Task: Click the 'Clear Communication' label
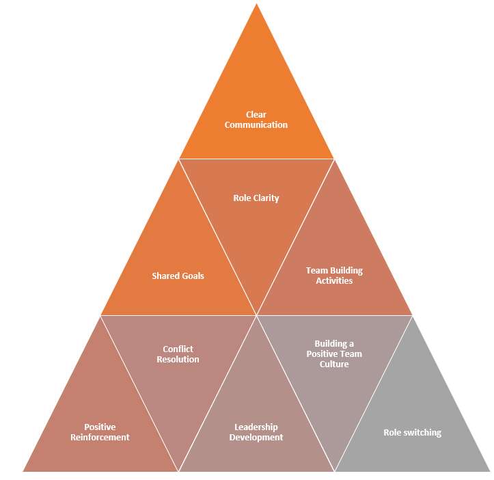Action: pos(256,120)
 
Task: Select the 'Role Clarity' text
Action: pos(256,198)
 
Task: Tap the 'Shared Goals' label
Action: pos(178,276)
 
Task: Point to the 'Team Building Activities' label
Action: pos(334,276)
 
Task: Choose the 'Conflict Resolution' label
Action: pos(178,354)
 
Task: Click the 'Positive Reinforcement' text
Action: pos(100,432)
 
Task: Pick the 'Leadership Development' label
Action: pos(256,432)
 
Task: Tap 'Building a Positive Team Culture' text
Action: pos(334,354)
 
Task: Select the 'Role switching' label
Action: pos(412,433)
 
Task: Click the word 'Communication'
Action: pos(256,125)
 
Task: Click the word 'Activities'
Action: pos(334,281)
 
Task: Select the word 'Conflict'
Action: pos(178,349)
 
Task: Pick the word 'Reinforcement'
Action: pos(100,438)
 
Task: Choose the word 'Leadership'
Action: pos(256,427)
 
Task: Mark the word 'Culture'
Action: pos(334,364)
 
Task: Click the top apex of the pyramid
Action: pos(256,4)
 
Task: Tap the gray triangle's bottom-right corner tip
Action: pos(489,471)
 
